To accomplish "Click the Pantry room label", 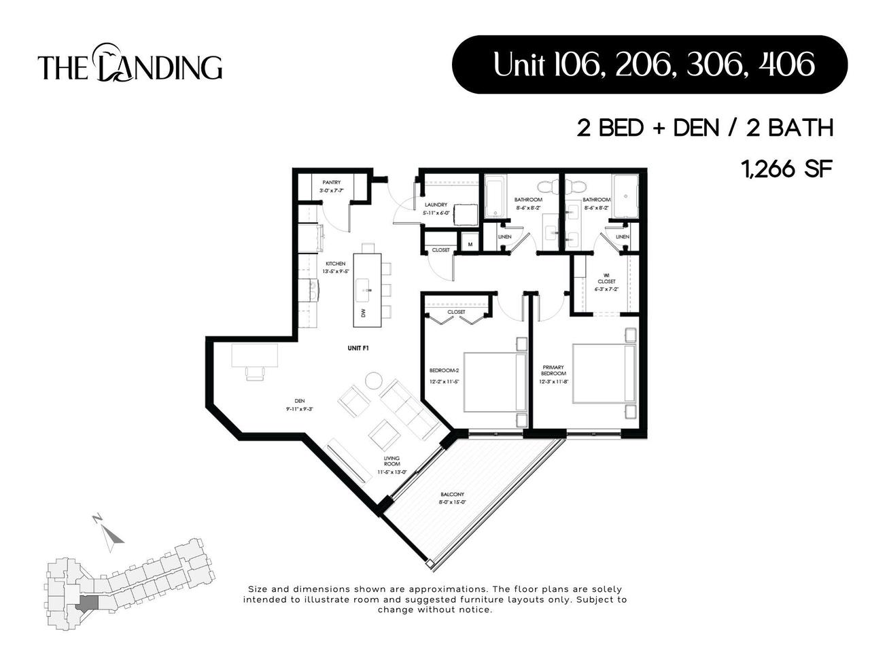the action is coord(332,183).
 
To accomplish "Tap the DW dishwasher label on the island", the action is coord(364,313).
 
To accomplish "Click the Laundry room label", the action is coord(435,205).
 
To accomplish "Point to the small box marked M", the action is coord(470,243).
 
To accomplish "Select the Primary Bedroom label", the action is coord(553,370).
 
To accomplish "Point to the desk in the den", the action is coord(254,355).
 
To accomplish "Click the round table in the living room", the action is coord(375,381).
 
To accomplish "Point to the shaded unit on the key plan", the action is coord(87,603).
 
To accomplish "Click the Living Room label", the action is coord(392,463).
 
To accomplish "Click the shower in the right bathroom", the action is coord(625,196).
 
